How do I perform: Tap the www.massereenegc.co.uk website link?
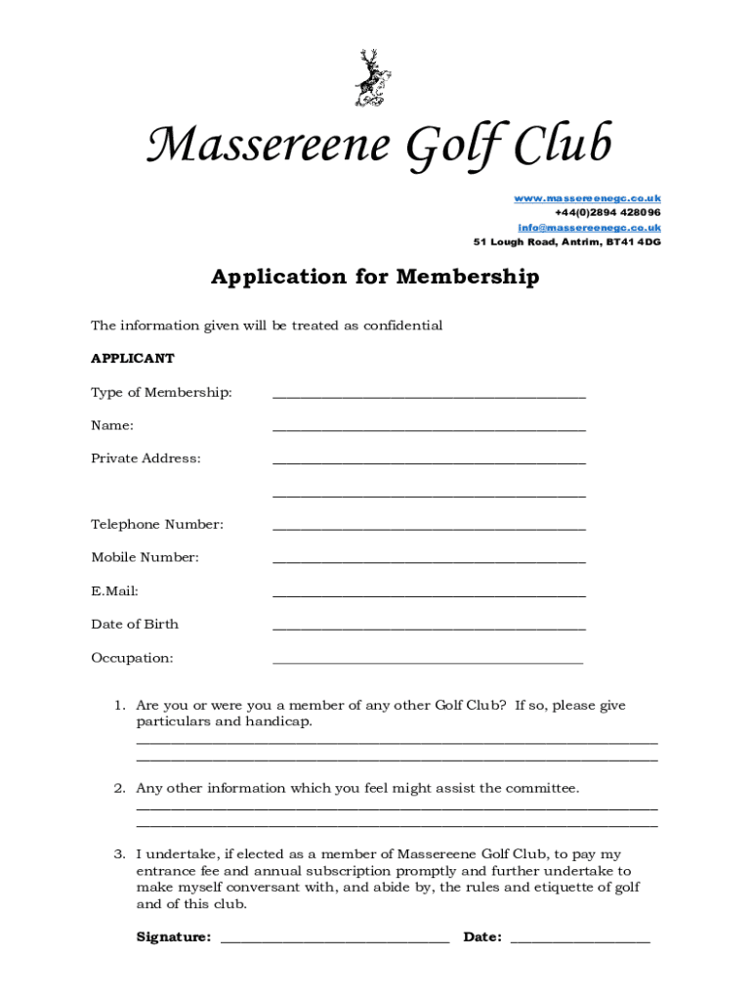click(x=587, y=198)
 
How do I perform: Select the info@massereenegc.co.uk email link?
click(x=589, y=228)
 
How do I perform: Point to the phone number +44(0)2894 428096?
click(x=606, y=213)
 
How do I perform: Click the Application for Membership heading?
click(x=375, y=278)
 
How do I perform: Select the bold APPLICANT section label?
click(x=133, y=359)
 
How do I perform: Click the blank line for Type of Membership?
click(x=429, y=396)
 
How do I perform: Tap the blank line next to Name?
click(x=429, y=429)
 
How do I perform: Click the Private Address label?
click(x=146, y=458)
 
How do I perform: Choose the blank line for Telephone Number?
click(x=429, y=528)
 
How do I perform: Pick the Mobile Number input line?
click(x=429, y=561)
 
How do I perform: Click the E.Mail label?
click(x=114, y=591)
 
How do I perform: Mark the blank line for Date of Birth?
click(x=429, y=628)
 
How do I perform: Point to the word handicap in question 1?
click(x=280, y=722)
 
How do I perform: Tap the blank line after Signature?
click(x=335, y=940)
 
